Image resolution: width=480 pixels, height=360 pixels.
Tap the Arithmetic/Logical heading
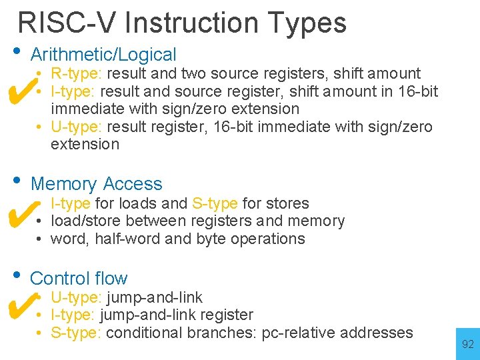click(103, 55)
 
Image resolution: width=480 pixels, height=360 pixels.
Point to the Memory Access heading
click(96, 184)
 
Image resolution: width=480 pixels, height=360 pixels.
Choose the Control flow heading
click(79, 278)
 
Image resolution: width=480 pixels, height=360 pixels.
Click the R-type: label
click(77, 73)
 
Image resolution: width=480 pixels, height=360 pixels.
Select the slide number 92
click(467, 345)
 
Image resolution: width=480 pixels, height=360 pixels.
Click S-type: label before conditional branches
click(76, 332)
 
